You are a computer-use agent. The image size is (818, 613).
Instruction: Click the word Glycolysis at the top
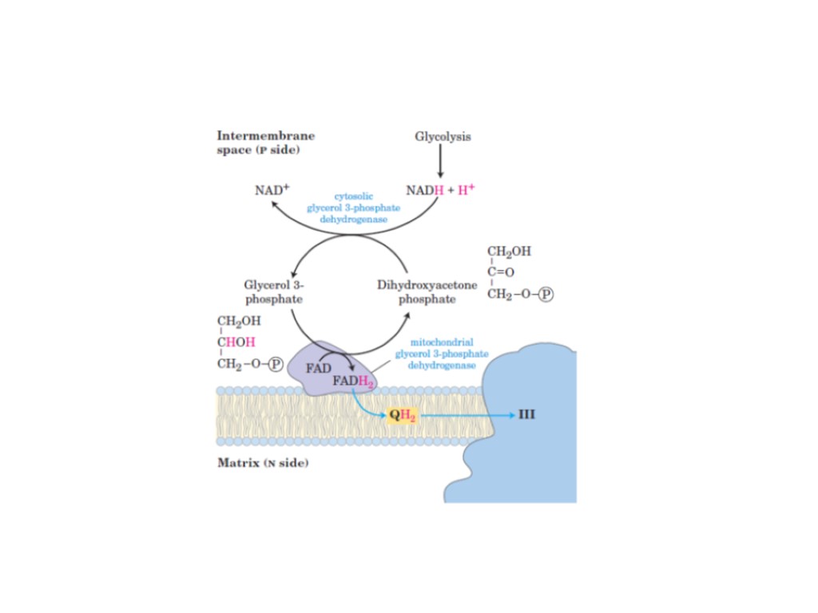(x=443, y=136)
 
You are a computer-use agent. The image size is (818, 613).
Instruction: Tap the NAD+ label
(x=271, y=191)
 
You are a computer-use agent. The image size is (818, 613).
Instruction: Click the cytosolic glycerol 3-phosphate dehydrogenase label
(x=354, y=208)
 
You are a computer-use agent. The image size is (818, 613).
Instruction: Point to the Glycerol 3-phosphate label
(x=273, y=291)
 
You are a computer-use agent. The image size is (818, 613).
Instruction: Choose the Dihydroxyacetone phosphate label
(x=427, y=291)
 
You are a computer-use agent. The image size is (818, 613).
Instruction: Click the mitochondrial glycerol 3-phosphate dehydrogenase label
(x=442, y=354)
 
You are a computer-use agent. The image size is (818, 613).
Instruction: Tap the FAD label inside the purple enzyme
(x=319, y=367)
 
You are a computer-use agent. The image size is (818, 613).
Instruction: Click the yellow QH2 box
(x=403, y=416)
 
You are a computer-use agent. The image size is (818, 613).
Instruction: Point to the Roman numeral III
(x=526, y=416)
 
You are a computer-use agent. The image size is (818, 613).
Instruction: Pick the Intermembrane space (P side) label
(x=265, y=143)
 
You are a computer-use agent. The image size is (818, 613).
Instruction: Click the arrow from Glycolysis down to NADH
(x=440, y=164)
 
